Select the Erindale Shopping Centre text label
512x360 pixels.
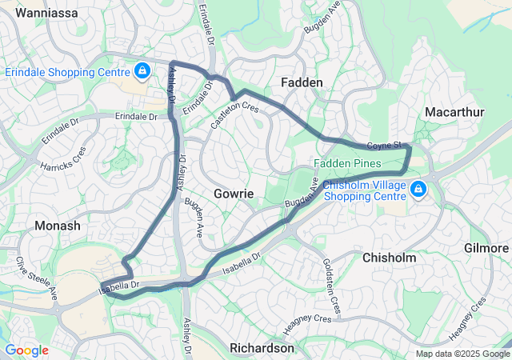68,72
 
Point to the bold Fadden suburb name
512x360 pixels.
302,82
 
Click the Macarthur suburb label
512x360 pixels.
454,111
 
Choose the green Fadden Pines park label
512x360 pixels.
346,163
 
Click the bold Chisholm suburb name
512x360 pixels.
390,258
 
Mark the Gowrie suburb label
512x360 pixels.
234,194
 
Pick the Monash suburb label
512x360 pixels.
58,226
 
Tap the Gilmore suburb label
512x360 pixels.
486,249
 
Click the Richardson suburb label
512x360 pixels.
262,348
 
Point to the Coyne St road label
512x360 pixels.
382,146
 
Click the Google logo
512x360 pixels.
27,350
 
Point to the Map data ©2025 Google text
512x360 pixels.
461,354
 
